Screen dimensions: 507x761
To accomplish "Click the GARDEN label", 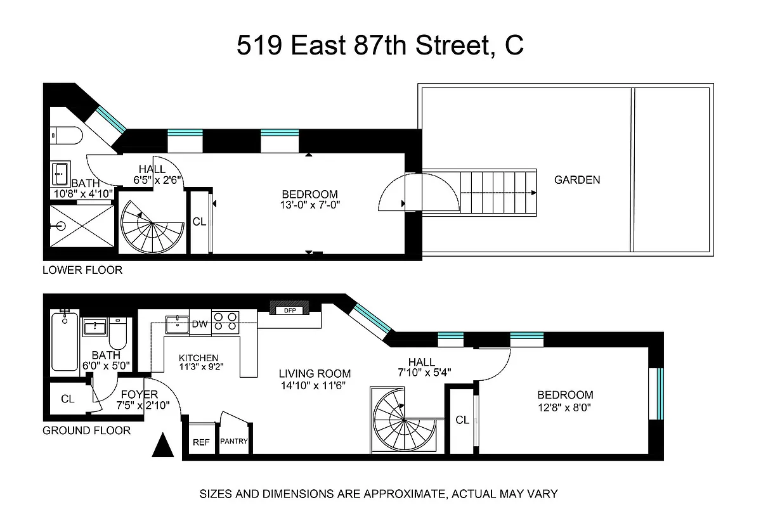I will [x=576, y=179].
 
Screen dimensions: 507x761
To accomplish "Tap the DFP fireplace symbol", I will [x=290, y=310].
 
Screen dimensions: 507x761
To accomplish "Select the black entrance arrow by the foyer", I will [x=163, y=445].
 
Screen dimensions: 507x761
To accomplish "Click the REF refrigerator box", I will [x=201, y=442].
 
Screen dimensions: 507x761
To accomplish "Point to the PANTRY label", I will [x=233, y=442].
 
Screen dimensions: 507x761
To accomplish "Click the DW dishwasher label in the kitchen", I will [x=200, y=324].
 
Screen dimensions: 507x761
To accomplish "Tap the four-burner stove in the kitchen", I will [x=225, y=323].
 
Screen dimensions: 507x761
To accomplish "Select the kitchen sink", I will [x=177, y=324].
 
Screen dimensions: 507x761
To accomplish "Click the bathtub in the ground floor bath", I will [x=64, y=342].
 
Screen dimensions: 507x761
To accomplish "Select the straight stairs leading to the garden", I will [x=498, y=191].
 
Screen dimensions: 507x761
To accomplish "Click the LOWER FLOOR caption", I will [x=82, y=270].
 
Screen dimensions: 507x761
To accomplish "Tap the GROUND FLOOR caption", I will [x=86, y=430].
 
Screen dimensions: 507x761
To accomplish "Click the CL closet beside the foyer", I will [x=67, y=399].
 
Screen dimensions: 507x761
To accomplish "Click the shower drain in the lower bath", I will [x=62, y=226].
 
